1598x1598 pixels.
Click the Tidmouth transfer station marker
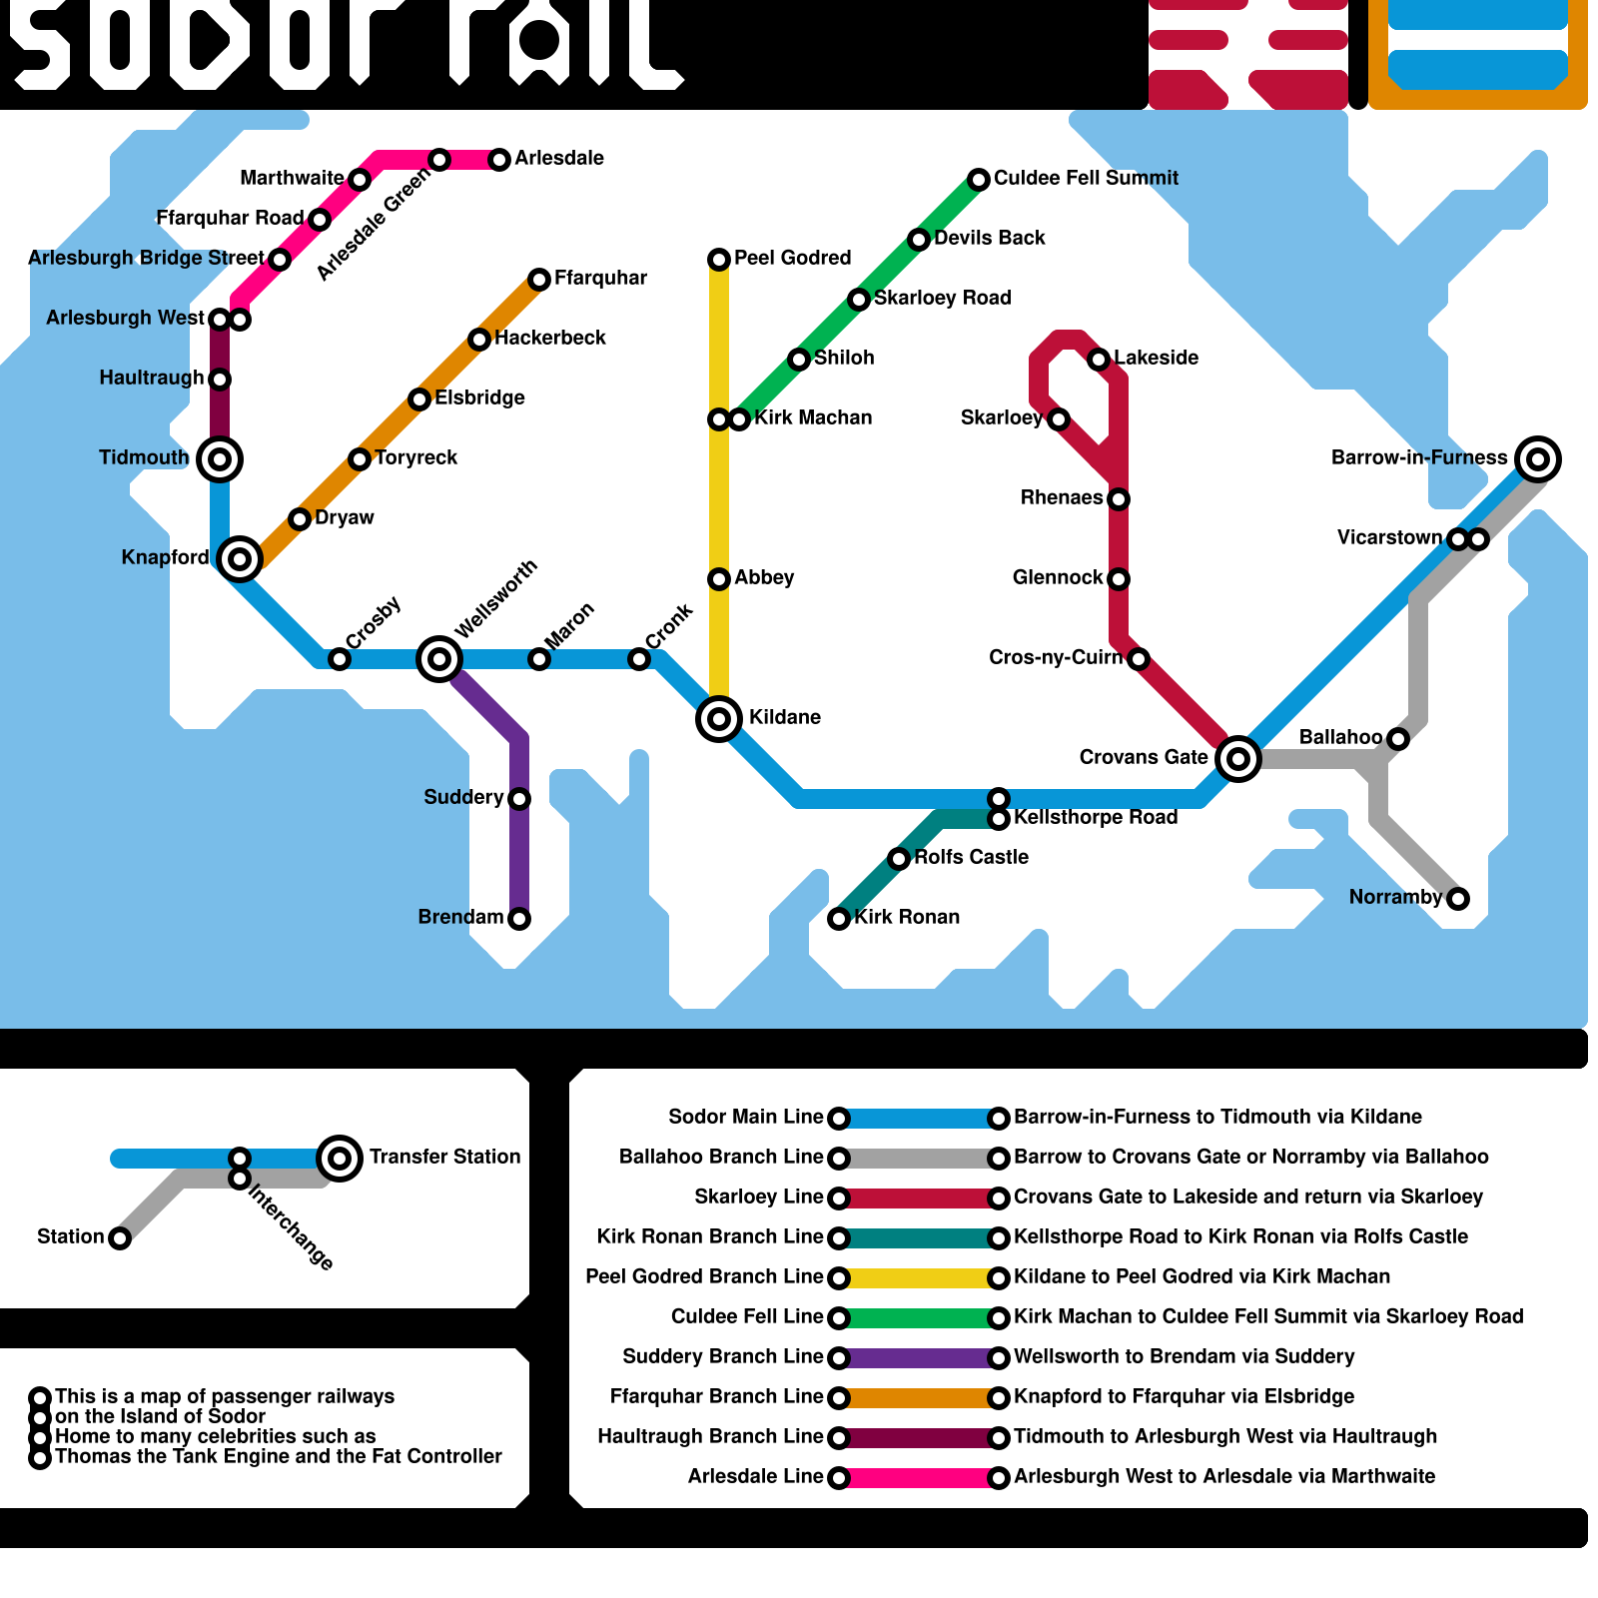coord(220,459)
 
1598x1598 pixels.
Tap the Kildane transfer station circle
coord(719,719)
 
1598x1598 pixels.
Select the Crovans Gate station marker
coord(1238,759)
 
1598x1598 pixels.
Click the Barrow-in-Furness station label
coord(1418,458)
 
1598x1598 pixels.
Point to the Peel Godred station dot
coord(719,260)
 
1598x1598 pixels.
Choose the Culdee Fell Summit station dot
coord(979,180)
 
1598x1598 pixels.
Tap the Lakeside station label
coord(1156,359)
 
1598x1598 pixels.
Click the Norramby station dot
coord(1458,899)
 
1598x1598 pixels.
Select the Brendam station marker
coord(519,919)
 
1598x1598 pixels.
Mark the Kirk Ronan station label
coord(907,918)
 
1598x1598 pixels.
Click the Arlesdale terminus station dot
coord(499,160)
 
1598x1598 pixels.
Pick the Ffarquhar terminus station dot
coord(539,280)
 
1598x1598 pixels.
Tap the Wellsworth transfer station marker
coord(439,659)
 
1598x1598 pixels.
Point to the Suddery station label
coord(463,798)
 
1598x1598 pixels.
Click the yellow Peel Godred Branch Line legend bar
coord(919,1278)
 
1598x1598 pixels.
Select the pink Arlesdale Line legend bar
coord(919,1478)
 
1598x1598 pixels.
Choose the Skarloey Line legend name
coord(759,1198)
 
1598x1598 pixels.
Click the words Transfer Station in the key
coord(444,1158)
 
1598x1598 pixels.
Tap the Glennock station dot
coord(1119,579)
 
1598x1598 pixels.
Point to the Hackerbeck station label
coord(550,339)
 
